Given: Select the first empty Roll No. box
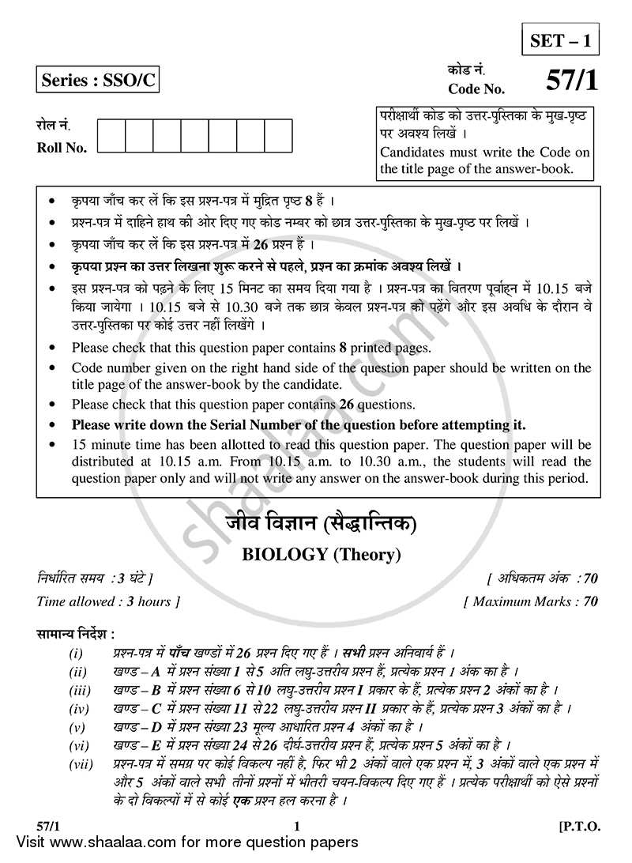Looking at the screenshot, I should (x=111, y=136).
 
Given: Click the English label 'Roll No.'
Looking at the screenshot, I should (x=62, y=148).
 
